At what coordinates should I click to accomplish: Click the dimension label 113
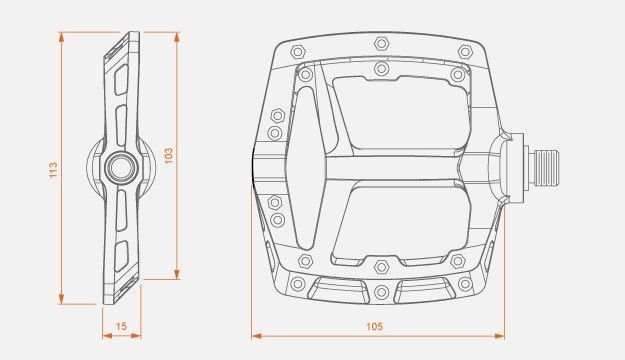click(x=53, y=170)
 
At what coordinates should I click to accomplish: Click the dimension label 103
click(x=169, y=156)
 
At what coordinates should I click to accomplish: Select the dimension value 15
click(x=121, y=326)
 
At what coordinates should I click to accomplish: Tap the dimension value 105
click(x=374, y=327)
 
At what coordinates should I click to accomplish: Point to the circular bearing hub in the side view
click(x=122, y=167)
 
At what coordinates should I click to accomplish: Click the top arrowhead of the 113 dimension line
click(x=61, y=37)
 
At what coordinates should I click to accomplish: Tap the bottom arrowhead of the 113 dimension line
click(x=61, y=299)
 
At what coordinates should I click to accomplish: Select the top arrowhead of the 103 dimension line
click(x=177, y=37)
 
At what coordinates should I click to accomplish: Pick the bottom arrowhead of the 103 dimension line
click(x=177, y=274)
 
